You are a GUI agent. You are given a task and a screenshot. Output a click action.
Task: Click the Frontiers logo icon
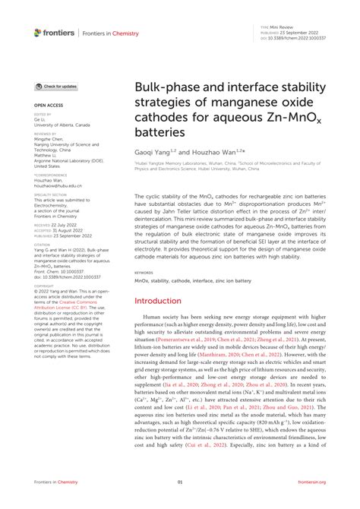(37, 32)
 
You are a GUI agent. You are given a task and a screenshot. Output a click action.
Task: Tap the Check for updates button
(55, 87)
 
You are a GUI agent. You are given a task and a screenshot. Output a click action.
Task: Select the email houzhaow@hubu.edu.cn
(58, 185)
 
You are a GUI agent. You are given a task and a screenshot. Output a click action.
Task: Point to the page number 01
(180, 482)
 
